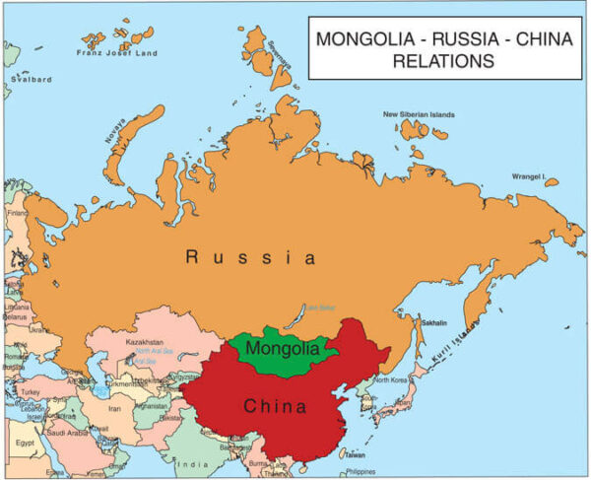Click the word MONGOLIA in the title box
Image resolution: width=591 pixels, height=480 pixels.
point(358,40)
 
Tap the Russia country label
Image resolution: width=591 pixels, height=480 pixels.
point(251,258)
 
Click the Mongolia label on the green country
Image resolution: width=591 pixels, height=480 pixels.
point(283,348)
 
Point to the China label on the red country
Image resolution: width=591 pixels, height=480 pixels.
point(275,405)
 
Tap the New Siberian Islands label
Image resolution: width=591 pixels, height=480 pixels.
point(419,114)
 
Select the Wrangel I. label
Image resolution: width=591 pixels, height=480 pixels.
point(528,175)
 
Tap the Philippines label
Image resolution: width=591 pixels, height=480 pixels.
point(361,471)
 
